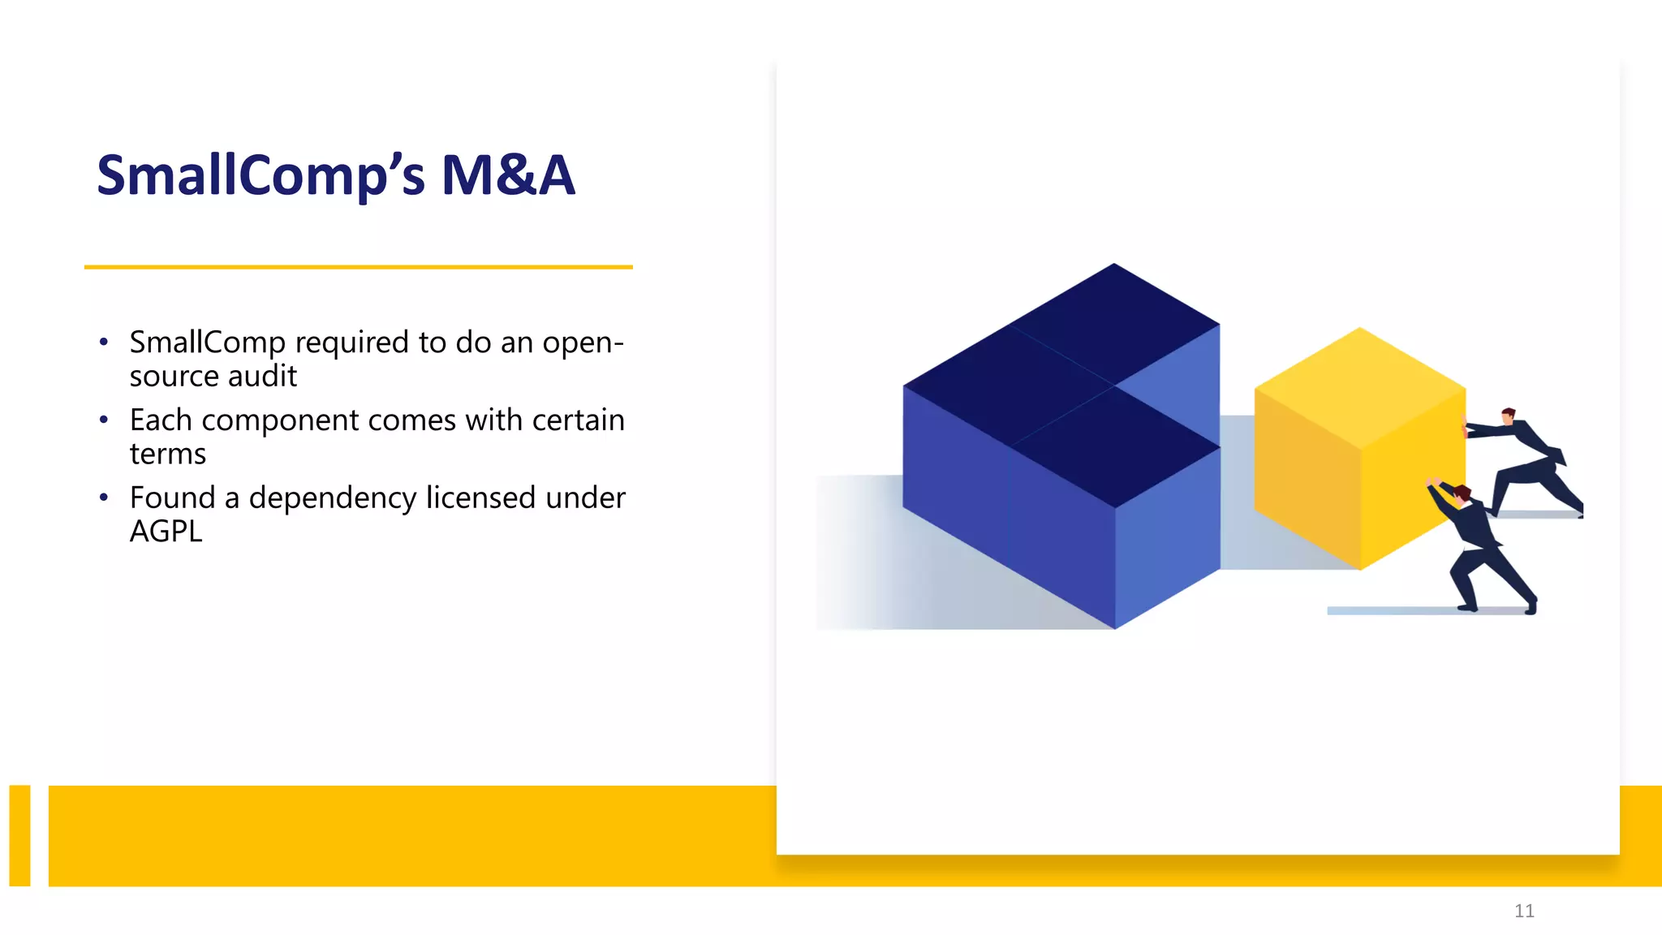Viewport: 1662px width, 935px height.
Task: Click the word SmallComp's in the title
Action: pyautogui.click(x=260, y=175)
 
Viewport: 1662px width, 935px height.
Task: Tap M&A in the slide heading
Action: pyautogui.click(x=508, y=175)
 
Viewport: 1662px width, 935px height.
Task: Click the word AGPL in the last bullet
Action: pyautogui.click(x=166, y=532)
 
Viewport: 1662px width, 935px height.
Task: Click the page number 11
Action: pyautogui.click(x=1523, y=911)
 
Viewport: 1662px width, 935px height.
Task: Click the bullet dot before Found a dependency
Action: pyautogui.click(x=103, y=498)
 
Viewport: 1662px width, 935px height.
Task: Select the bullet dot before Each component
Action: pyautogui.click(x=103, y=420)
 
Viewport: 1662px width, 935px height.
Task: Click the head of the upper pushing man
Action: pyautogui.click(x=1508, y=415)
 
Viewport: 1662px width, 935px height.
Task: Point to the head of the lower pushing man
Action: pyautogui.click(x=1462, y=493)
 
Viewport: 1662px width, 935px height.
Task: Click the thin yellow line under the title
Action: pyautogui.click(x=358, y=266)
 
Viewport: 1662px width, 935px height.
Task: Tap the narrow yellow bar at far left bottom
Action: pyautogui.click(x=19, y=835)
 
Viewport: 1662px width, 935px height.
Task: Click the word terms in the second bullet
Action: pyautogui.click(x=168, y=454)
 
